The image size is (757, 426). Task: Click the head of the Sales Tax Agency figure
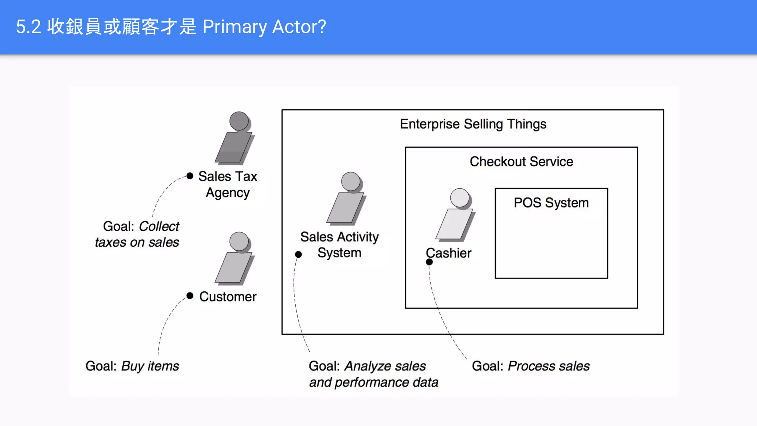[239, 121]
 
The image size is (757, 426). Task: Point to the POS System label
[551, 203]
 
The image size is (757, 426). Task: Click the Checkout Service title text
[521, 162]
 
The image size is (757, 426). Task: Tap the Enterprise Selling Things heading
[473, 124]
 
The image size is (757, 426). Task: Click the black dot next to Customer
[190, 295]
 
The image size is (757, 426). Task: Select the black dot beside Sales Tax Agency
[190, 176]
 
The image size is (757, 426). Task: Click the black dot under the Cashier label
[429, 262]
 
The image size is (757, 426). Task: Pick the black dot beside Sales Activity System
[298, 254]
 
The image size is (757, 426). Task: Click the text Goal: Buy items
[132, 366]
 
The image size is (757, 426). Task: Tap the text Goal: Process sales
[530, 366]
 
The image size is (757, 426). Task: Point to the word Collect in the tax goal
[159, 226]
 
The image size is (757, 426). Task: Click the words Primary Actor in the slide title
[264, 27]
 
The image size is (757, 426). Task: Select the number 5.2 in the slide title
[28, 27]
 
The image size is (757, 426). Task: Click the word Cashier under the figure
[448, 253]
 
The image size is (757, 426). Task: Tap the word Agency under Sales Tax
[228, 193]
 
